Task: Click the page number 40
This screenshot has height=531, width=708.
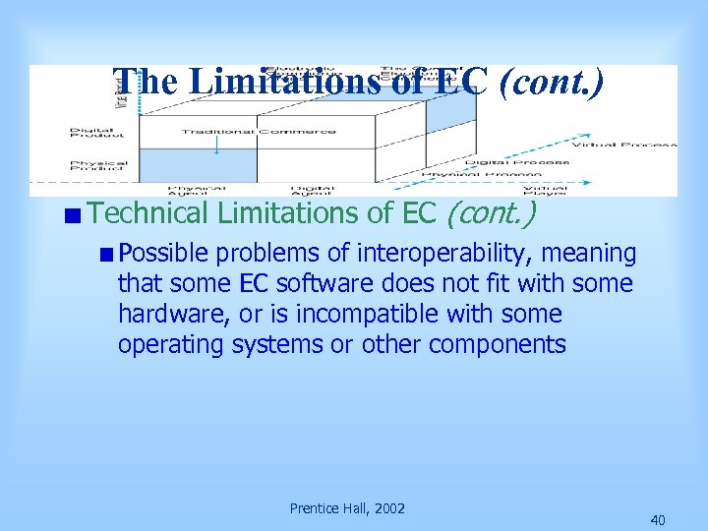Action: (658, 520)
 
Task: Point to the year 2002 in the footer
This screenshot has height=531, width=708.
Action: (386, 508)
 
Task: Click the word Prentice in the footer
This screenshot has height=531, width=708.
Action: (314, 508)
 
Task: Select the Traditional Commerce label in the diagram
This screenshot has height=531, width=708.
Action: (259, 132)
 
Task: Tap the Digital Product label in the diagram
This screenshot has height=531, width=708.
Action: (98, 134)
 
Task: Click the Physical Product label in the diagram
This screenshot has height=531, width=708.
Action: (98, 166)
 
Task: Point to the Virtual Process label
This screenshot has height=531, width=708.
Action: (624, 145)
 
